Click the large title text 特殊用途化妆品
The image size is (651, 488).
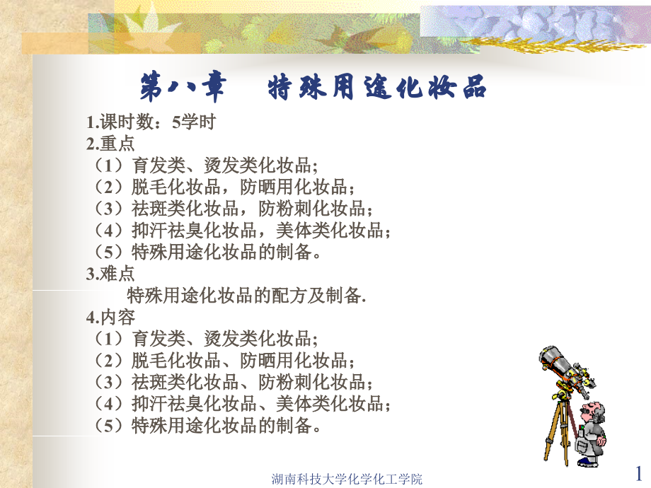pos(378,88)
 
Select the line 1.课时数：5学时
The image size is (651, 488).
pos(150,122)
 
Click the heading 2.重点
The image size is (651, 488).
pos(110,144)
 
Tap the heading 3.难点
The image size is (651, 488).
pos(110,273)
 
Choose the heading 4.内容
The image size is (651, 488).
pos(110,316)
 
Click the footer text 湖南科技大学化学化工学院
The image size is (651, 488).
pos(347,479)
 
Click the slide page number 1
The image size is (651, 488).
pos(639,472)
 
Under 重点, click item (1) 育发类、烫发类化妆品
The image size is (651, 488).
pos(205,165)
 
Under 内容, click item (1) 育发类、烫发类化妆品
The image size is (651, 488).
pos(205,338)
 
